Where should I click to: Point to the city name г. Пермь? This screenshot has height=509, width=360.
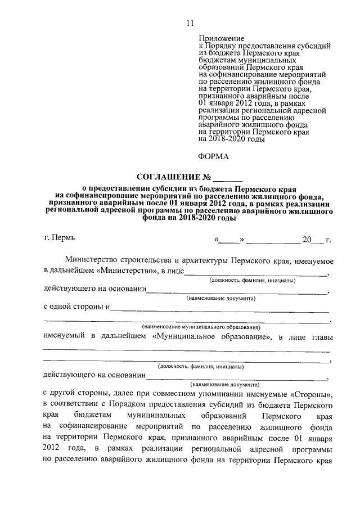(58, 238)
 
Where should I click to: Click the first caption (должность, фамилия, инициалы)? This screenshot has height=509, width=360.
(251, 280)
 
